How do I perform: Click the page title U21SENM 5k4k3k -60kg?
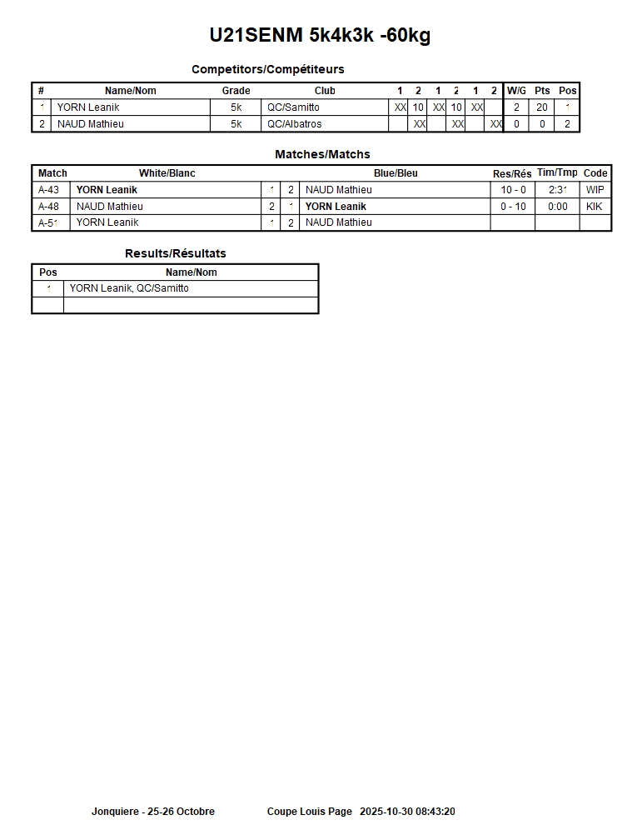pyautogui.click(x=320, y=36)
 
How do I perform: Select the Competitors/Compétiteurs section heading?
pyautogui.click(x=267, y=69)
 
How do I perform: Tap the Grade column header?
pyautogui.click(x=236, y=91)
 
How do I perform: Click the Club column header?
pyautogui.click(x=325, y=91)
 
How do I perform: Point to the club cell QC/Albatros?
pyautogui.click(x=294, y=124)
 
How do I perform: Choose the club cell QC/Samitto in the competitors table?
pyautogui.click(x=293, y=107)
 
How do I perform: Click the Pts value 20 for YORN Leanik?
pyautogui.click(x=542, y=107)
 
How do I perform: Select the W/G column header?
pyautogui.click(x=516, y=91)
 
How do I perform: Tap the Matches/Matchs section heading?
pyautogui.click(x=322, y=154)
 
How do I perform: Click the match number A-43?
pyautogui.click(x=48, y=190)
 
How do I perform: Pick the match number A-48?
pyautogui.click(x=48, y=207)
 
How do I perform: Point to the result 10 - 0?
pyautogui.click(x=513, y=190)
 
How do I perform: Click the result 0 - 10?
pyautogui.click(x=513, y=207)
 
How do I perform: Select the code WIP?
pyautogui.click(x=595, y=190)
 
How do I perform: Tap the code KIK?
pyautogui.click(x=595, y=207)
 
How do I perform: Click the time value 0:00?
pyautogui.click(x=558, y=207)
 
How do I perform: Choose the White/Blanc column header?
pyautogui.click(x=167, y=173)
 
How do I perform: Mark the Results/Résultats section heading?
pyautogui.click(x=175, y=253)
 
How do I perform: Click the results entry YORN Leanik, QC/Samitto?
pyautogui.click(x=129, y=288)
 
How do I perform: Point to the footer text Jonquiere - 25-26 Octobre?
pyautogui.click(x=152, y=812)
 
